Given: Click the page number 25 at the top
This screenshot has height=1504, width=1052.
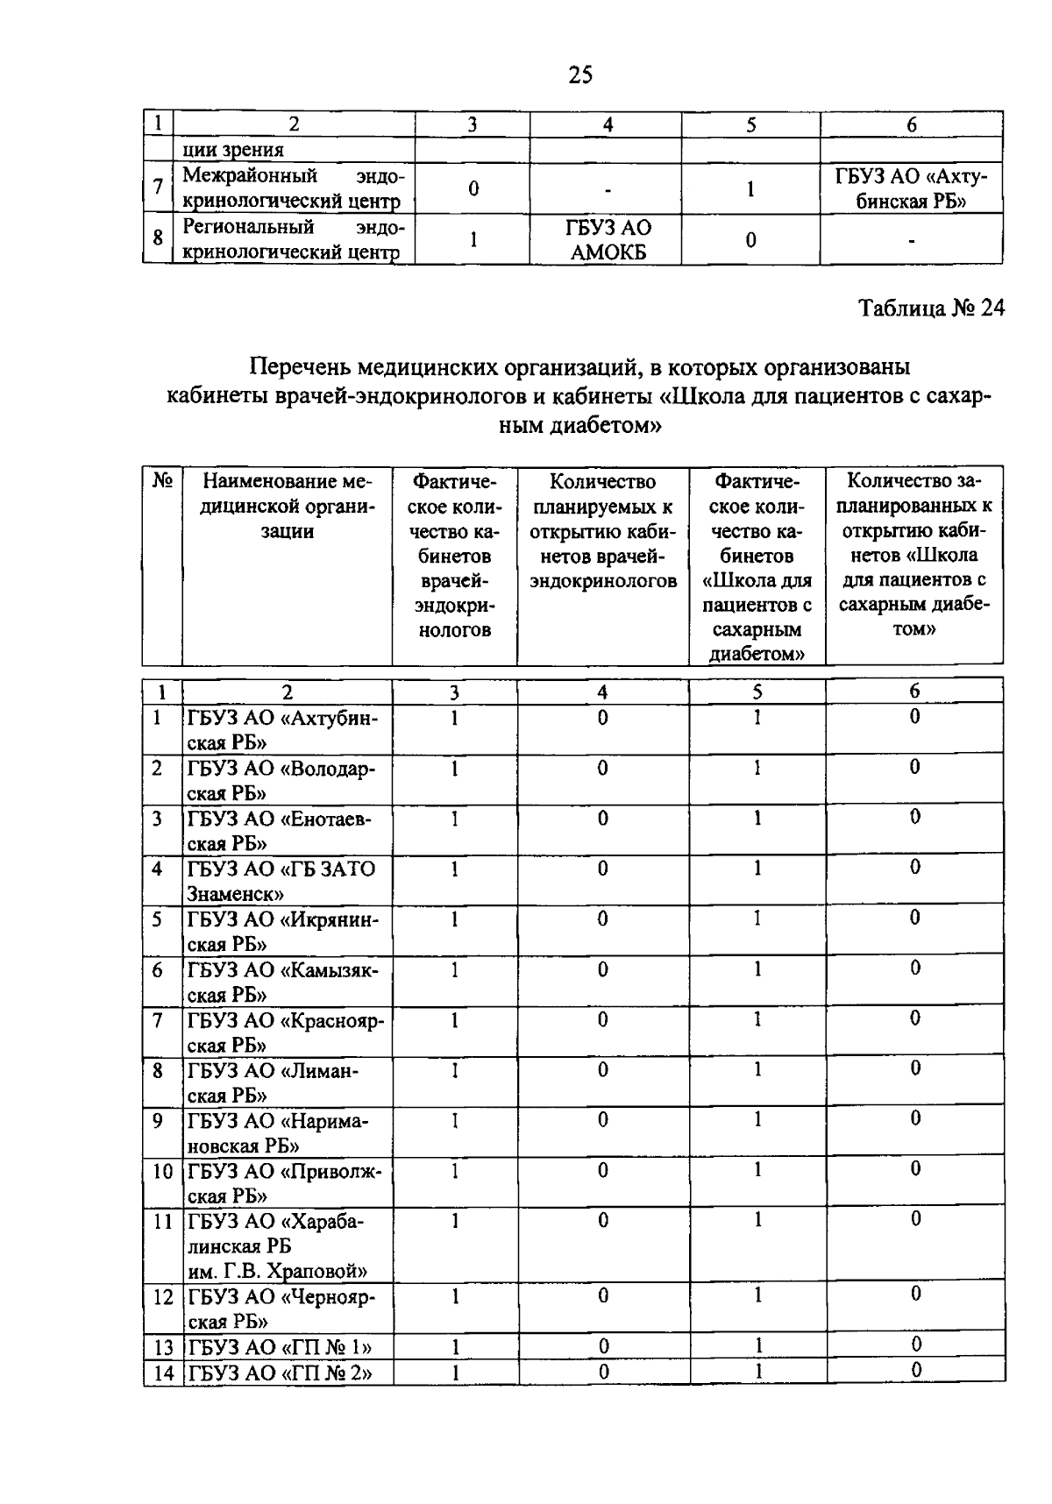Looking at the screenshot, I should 580,75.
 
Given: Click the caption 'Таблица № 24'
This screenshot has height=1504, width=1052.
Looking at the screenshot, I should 930,309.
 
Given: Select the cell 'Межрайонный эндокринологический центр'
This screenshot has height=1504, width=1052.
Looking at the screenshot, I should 293,188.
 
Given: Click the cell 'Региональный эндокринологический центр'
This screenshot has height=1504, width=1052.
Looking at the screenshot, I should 293,240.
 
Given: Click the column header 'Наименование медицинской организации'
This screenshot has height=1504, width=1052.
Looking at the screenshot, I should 287,507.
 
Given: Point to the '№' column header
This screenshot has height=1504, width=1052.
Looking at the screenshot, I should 161,481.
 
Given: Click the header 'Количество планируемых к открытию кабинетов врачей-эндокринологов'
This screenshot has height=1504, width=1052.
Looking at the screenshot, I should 602,531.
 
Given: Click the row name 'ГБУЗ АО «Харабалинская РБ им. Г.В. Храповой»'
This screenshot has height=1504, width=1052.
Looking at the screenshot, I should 279,1245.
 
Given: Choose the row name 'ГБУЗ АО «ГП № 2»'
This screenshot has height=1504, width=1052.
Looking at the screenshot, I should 280,1373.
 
